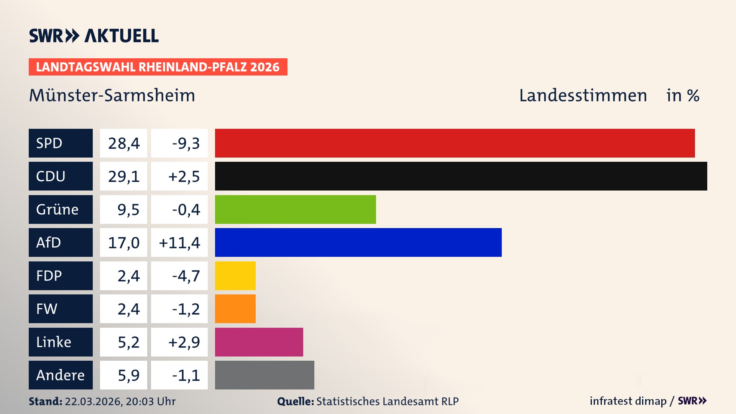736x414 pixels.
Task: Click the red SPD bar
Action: [455, 143]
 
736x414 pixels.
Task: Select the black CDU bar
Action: [461, 176]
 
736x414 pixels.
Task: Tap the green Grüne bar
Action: [295, 209]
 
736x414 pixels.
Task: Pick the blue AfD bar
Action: [358, 242]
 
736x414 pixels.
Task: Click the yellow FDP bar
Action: [235, 276]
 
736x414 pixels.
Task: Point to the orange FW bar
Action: [235, 309]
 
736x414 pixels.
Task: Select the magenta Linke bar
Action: [259, 342]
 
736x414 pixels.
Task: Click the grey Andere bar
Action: [264, 375]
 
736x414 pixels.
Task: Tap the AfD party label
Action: [61, 242]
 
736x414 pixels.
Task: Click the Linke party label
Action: [61, 342]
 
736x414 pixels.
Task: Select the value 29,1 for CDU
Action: [123, 176]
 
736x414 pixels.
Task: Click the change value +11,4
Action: [179, 243]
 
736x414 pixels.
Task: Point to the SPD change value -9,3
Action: [186, 143]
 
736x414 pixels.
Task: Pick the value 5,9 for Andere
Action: [128, 375]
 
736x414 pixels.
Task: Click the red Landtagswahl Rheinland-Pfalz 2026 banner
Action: [158, 67]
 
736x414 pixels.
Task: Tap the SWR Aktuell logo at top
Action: [94, 36]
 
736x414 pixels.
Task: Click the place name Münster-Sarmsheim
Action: [112, 95]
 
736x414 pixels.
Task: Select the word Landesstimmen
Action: [583, 95]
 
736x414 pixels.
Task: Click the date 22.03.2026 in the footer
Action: [93, 401]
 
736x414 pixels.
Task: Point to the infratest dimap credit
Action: [628, 401]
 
